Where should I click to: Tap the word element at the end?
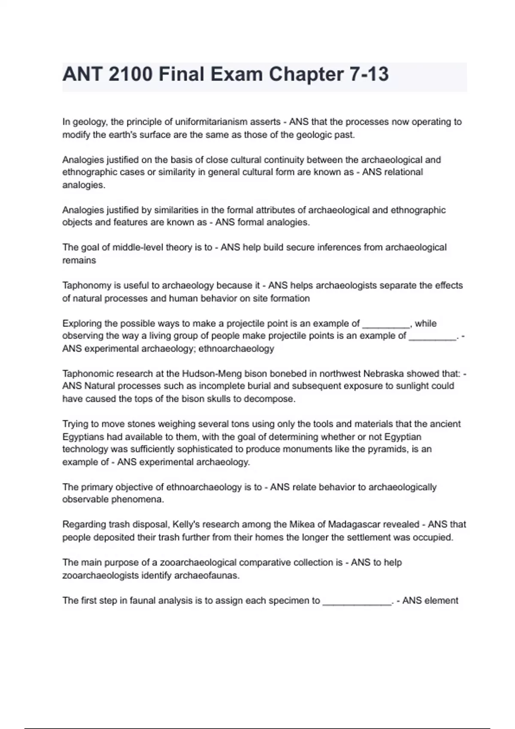(x=442, y=601)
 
